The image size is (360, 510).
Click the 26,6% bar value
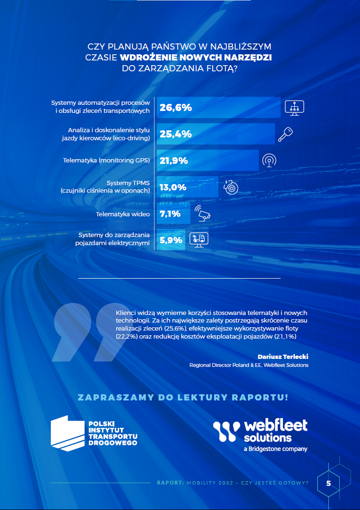click(176, 108)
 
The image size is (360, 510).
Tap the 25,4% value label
click(176, 134)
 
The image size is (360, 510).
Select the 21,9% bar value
click(174, 161)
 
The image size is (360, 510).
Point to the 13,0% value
click(173, 187)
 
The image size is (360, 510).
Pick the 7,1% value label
click(170, 214)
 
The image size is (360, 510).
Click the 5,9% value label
click(171, 240)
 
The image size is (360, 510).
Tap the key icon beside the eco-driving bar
click(285, 134)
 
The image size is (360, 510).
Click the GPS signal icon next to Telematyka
click(269, 161)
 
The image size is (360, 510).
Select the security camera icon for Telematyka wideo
click(203, 213)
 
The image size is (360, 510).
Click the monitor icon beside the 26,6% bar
click(294, 108)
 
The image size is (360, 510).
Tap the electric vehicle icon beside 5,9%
click(199, 240)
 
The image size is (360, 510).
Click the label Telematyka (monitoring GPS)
click(106, 161)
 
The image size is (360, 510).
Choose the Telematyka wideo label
click(123, 214)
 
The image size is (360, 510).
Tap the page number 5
click(328, 484)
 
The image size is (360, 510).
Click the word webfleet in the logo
click(275, 425)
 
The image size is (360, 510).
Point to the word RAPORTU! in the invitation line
click(259, 397)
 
